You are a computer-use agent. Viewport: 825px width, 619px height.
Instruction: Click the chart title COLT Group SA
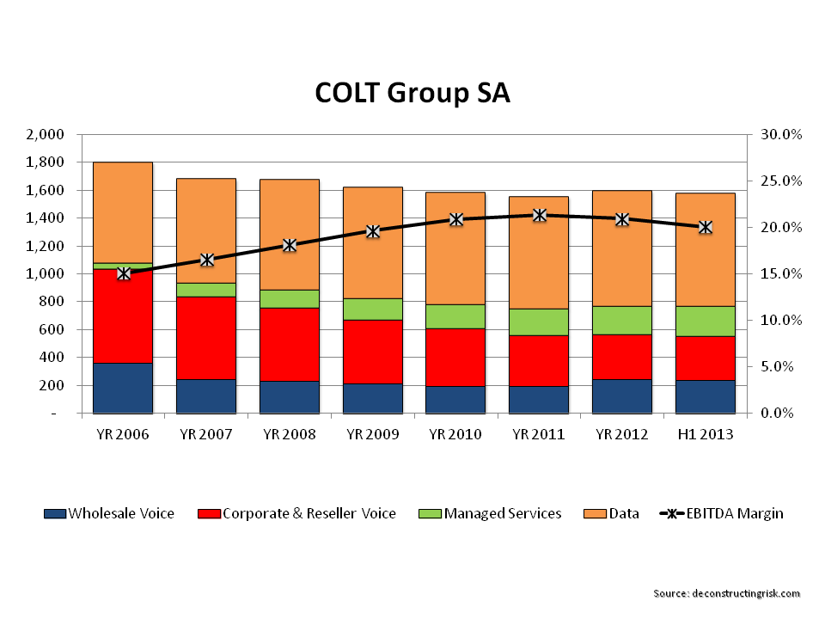[x=412, y=92]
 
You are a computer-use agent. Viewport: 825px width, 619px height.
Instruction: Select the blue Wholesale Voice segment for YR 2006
[x=122, y=388]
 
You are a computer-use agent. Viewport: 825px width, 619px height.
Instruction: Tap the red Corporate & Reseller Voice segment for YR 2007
[x=206, y=338]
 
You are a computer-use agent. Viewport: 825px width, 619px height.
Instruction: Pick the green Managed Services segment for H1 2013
[x=705, y=321]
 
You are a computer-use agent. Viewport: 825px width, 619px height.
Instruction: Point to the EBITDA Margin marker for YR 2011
[x=539, y=215]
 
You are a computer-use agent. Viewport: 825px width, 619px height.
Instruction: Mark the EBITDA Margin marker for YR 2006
[x=124, y=273]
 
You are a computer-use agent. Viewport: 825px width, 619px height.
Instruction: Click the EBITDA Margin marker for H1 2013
[x=705, y=227]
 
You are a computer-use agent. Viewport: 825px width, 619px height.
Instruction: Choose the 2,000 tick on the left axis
[x=46, y=135]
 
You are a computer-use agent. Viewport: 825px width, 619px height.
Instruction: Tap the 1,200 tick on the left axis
[x=46, y=246]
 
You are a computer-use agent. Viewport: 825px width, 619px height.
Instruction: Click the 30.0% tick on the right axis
[x=780, y=135]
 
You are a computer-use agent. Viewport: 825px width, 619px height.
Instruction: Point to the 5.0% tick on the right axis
[x=782, y=367]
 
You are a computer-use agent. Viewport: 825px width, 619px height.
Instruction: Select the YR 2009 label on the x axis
[x=372, y=434]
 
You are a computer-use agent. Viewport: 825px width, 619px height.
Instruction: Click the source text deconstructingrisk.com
[x=727, y=593]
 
